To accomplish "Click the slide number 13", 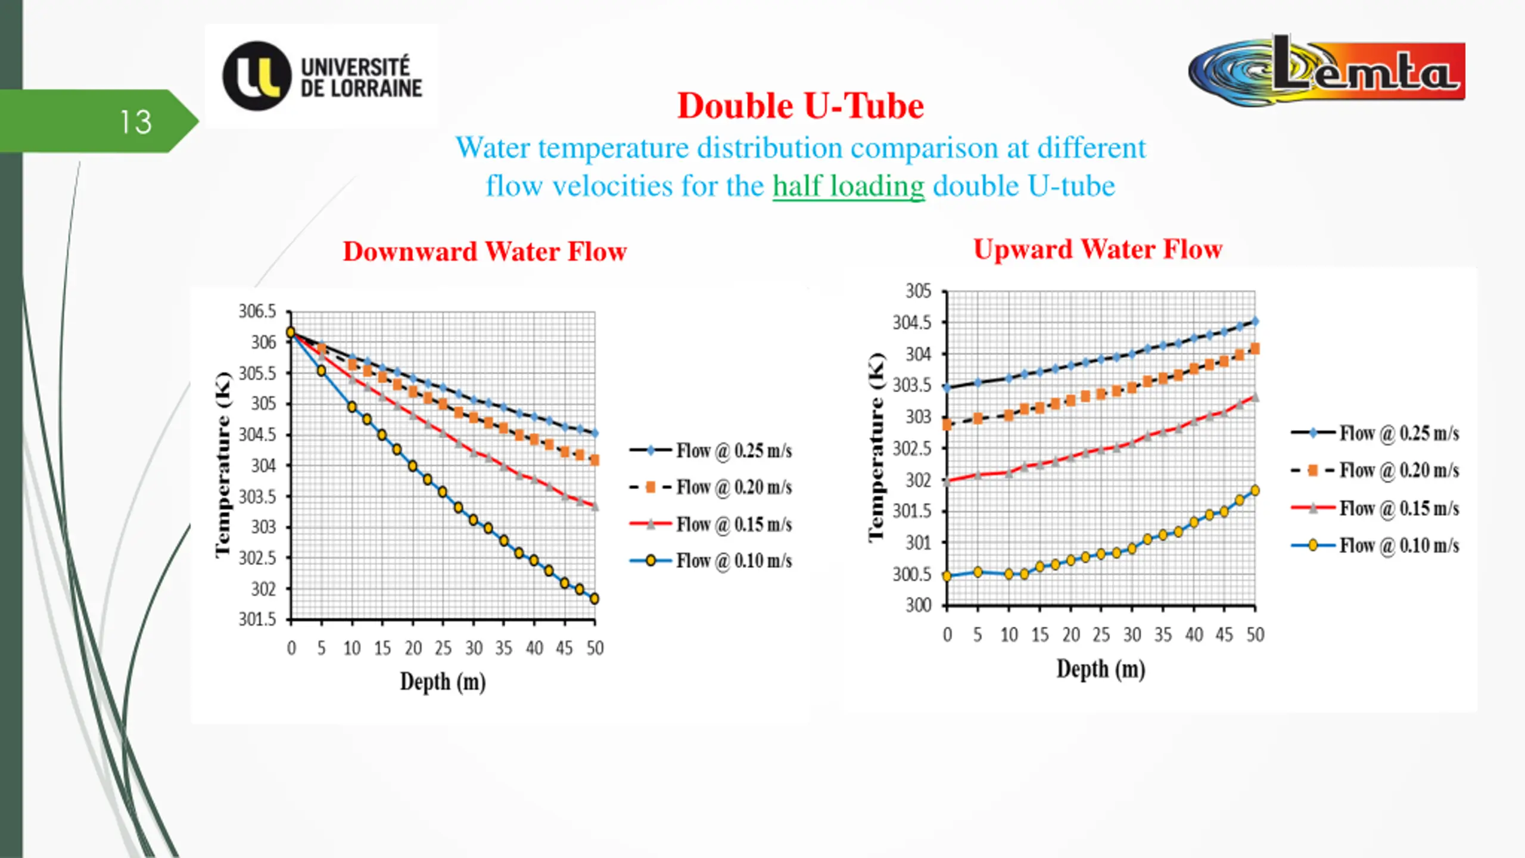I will (136, 122).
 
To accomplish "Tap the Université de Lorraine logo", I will (322, 76).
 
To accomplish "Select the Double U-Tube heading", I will (800, 106).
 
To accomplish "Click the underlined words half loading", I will (848, 186).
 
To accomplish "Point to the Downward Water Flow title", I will (484, 251).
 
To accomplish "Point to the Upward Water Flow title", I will (1097, 249).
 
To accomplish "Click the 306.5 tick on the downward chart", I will (257, 311).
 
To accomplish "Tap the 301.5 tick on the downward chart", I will (257, 620).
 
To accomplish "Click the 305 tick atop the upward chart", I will (918, 291).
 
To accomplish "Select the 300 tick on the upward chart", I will (918, 605).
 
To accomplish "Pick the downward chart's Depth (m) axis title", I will (443, 682).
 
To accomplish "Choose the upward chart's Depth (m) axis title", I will (1101, 669).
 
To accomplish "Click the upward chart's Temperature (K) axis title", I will (876, 447).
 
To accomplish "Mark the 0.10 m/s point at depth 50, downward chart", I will (594, 599).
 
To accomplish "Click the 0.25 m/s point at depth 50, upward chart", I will (1255, 321).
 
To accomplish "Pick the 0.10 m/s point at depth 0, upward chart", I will (947, 576).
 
